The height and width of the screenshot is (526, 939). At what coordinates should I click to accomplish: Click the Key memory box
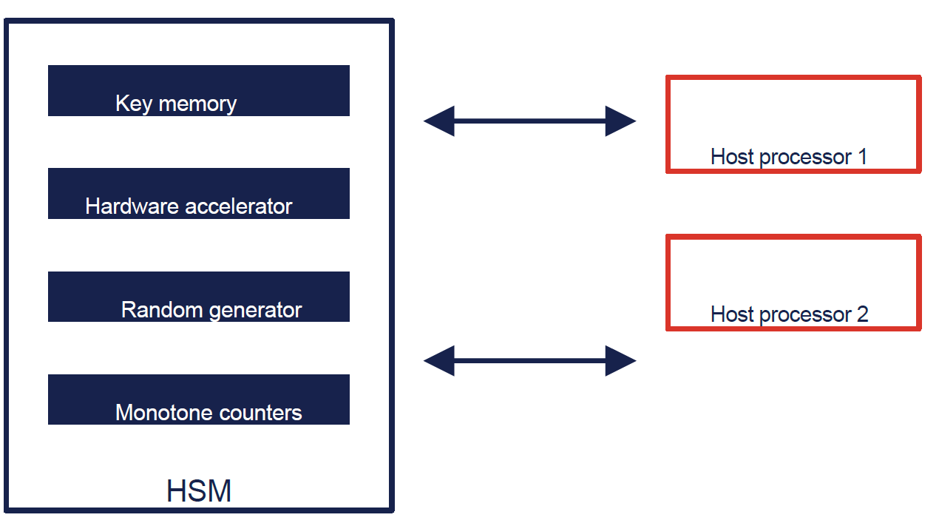point(198,90)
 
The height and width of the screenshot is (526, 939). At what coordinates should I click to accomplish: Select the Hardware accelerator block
point(198,193)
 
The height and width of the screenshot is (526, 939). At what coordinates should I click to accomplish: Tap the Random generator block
point(198,296)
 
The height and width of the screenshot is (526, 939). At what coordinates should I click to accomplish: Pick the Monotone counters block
point(198,399)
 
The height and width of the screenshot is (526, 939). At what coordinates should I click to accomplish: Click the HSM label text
point(198,491)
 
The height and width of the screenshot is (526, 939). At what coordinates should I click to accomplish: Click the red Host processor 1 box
point(793,124)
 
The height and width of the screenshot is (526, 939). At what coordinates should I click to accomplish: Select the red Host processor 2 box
point(793,282)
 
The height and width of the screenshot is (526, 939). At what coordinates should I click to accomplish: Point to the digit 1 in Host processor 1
point(861,157)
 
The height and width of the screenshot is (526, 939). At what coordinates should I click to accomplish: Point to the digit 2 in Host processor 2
point(861,314)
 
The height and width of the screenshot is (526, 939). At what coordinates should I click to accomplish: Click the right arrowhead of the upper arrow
point(620,121)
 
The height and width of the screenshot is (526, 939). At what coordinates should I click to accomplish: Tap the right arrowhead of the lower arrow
point(620,361)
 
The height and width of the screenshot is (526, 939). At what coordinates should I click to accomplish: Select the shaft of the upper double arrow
point(529,121)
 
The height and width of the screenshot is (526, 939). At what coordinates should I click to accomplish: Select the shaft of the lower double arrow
point(529,361)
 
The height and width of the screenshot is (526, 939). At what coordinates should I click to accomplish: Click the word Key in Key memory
point(132,104)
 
